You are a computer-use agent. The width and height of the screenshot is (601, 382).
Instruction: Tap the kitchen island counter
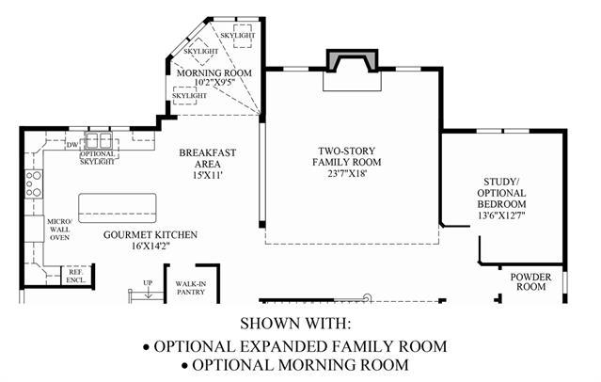(119, 206)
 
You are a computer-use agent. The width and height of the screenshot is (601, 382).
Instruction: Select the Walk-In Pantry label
(192, 287)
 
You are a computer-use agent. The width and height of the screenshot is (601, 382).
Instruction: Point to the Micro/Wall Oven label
(60, 230)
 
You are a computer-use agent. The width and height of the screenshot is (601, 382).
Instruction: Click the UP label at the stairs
(147, 282)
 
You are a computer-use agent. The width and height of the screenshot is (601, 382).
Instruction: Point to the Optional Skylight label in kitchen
(97, 158)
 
